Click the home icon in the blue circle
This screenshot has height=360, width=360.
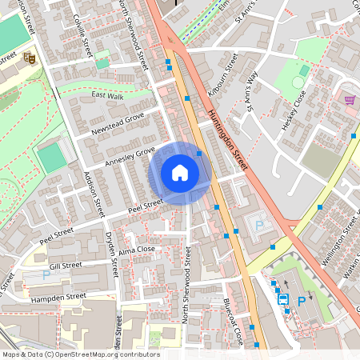click(180, 173)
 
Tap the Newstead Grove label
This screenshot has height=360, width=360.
click(117, 125)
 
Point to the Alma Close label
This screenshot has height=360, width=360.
click(136, 250)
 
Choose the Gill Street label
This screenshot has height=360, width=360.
click(66, 265)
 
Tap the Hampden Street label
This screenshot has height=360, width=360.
click(58, 296)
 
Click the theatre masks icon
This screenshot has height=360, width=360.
click(29, 57)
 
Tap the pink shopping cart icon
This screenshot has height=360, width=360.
click(350, 99)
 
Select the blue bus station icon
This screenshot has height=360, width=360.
click(282, 300)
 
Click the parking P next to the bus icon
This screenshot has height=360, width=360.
click(301, 301)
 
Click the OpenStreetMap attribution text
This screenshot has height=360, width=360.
click(80, 354)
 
